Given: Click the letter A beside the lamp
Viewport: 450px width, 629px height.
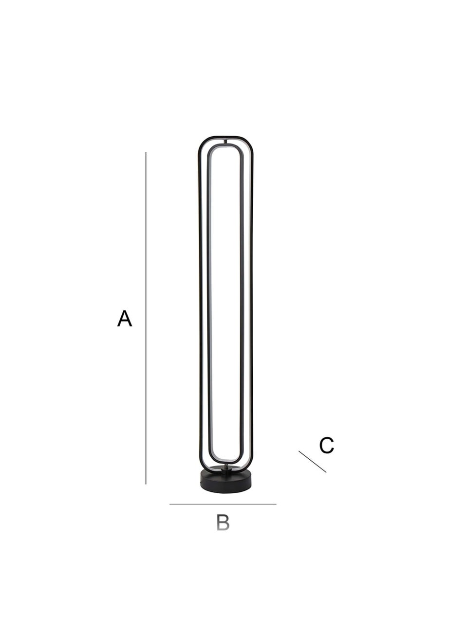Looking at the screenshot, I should pos(125,319).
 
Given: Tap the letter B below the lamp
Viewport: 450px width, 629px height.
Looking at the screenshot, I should pos(223,522).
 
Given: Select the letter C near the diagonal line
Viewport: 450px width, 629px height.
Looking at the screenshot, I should pos(326,445).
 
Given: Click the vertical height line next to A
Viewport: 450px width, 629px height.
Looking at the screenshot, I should pos(146,319).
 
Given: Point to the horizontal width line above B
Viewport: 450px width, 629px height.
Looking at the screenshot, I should pos(223,504).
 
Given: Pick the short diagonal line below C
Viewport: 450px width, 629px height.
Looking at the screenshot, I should pos(312,462).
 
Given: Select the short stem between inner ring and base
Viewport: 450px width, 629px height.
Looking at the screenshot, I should pos(225,467).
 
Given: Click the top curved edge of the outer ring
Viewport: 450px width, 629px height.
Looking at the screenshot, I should pos(225,137).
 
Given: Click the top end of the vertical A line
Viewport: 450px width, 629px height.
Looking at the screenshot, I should pos(146,153).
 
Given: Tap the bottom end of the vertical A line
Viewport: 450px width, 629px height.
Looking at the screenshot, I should pos(146,484).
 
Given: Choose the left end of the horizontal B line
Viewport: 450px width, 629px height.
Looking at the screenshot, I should pos(170,504).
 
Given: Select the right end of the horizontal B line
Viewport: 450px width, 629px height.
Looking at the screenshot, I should pos(276,504).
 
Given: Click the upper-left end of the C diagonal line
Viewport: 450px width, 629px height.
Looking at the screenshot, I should pos(300,452).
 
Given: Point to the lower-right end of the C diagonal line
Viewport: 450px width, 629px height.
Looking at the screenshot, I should pos(325,471).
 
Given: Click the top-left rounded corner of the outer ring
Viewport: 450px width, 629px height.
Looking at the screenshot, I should pos(203,142).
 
